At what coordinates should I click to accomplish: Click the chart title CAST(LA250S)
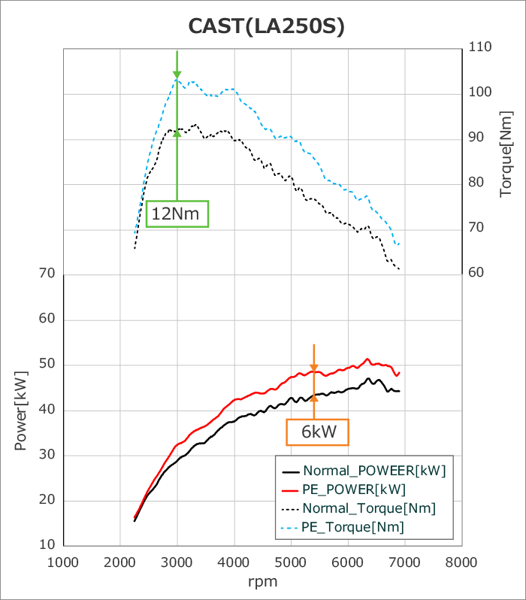coord(267,26)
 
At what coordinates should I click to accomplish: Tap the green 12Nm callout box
coord(177,214)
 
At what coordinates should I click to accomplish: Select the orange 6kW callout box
coord(317,432)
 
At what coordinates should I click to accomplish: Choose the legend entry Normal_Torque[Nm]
coord(369,508)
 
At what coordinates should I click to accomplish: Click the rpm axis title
coord(263,581)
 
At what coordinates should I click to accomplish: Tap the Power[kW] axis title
coord(20,411)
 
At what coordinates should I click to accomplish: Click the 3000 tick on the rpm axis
coord(177,562)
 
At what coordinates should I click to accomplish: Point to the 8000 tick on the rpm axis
coord(461,562)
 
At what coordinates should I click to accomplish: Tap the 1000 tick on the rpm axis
coord(63,562)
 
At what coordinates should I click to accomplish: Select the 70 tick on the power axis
coord(47,274)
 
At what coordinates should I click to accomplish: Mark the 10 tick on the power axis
coord(47,545)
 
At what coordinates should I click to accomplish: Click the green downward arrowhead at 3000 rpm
coord(177,74)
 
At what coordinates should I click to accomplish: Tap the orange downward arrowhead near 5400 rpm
coord(314,365)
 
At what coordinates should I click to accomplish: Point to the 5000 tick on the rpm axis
coord(291,562)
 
